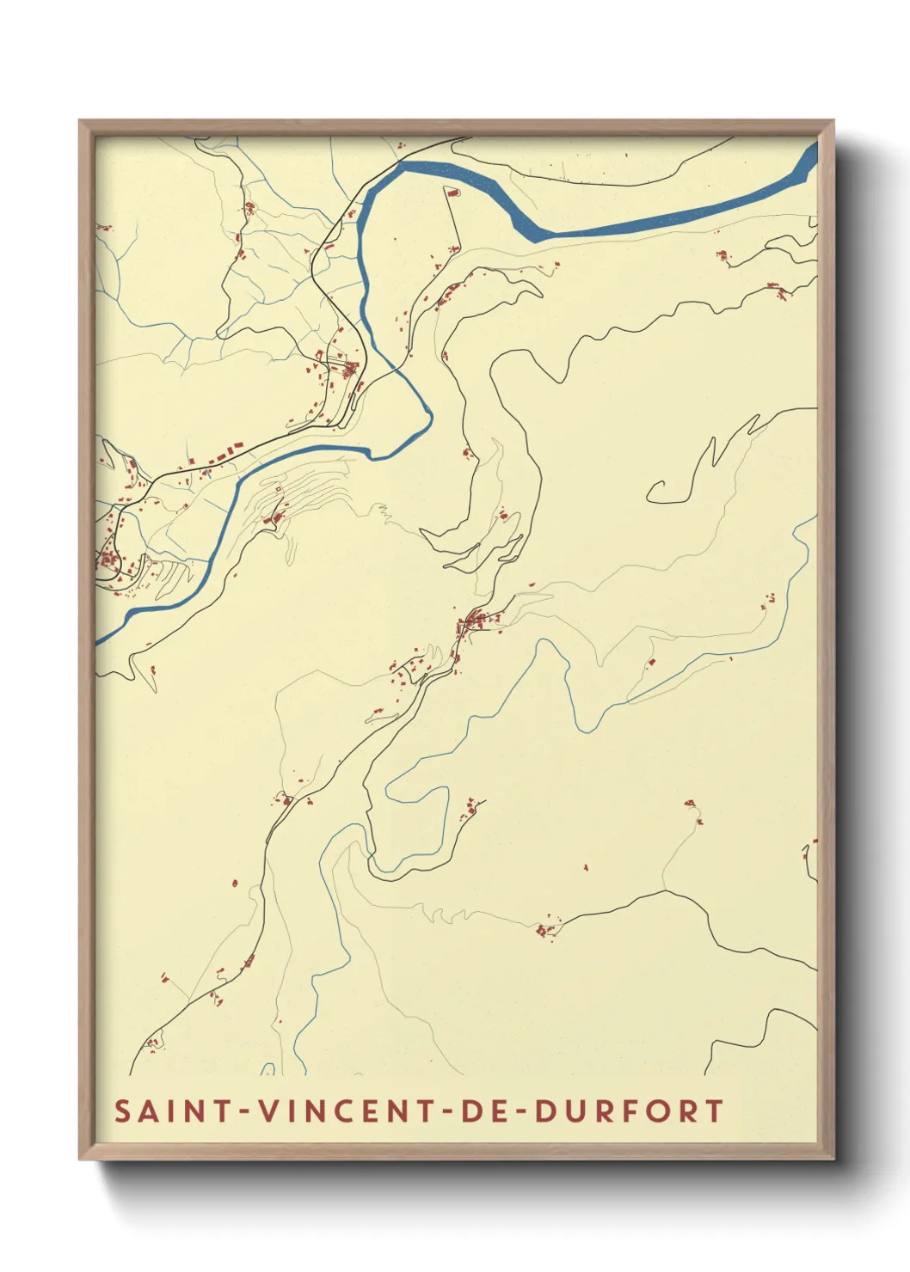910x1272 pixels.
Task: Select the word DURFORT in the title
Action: coord(629,1110)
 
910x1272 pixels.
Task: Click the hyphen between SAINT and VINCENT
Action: coord(244,1112)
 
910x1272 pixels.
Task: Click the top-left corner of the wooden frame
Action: coord(80,121)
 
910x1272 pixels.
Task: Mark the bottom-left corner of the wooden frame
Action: coord(80,1159)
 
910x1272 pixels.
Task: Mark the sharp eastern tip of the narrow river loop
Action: coord(431,417)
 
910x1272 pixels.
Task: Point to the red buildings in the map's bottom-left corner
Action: coord(153,1044)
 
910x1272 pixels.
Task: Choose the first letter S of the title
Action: coord(122,1110)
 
